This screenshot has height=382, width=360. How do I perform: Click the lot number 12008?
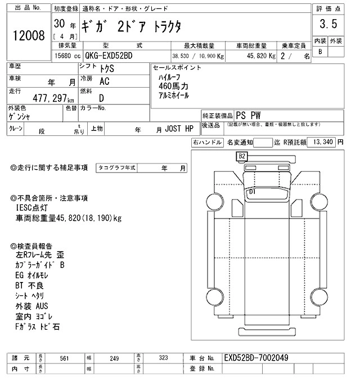click(x=28, y=36)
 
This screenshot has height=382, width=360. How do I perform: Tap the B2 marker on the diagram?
click(x=242, y=156)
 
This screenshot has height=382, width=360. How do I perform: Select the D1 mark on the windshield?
click(x=252, y=192)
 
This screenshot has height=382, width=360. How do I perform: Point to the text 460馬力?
click(x=174, y=87)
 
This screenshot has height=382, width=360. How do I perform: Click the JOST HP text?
click(x=179, y=129)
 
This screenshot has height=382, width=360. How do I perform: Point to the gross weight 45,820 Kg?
click(x=259, y=57)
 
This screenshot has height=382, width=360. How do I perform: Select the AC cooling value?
click(x=103, y=81)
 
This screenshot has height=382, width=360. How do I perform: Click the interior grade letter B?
click(x=321, y=52)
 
